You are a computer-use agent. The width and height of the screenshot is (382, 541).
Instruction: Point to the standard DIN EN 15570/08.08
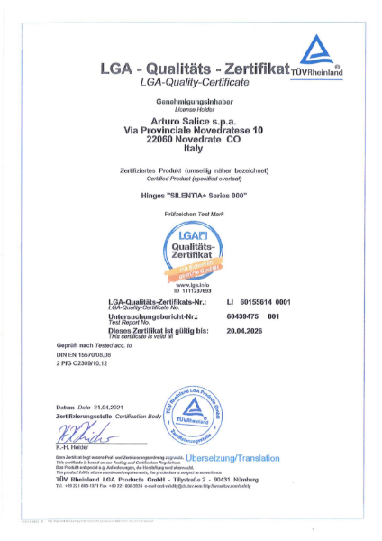[x=87, y=356]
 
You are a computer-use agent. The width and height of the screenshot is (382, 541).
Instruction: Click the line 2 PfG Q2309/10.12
[x=83, y=365]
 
